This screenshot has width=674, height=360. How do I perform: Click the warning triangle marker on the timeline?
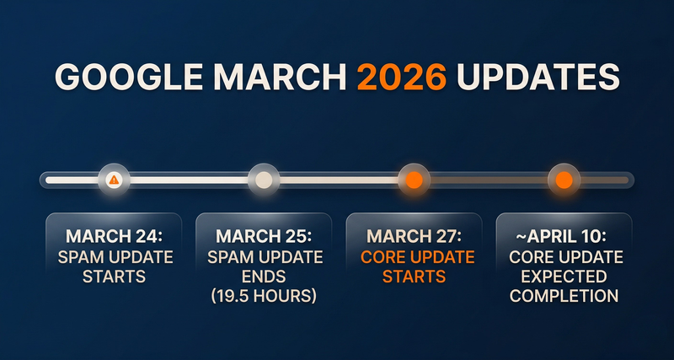tap(113, 180)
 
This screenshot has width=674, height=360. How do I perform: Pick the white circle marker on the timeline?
tap(264, 180)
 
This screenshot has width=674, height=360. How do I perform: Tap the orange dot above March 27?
tap(414, 180)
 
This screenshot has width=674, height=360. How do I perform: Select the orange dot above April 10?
tap(564, 180)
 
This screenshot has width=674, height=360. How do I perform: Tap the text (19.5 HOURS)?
tap(264, 296)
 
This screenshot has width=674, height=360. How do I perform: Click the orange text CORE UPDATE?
tap(414, 255)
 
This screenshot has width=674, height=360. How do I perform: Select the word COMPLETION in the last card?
tap(564, 296)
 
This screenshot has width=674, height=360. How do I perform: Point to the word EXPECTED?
tap(564, 276)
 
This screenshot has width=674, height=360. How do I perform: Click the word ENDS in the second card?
tap(264, 276)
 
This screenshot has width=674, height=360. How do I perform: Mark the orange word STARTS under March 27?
tap(414, 276)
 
